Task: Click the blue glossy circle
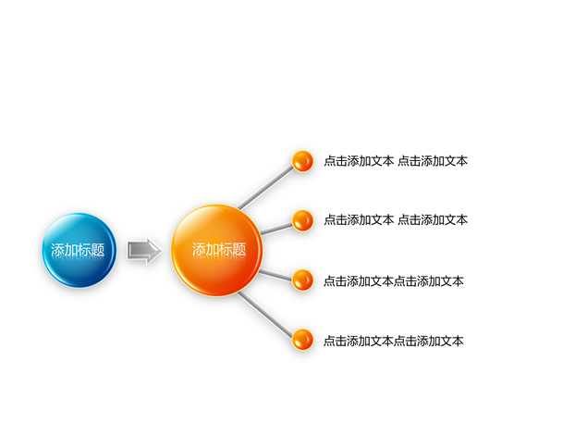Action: (79, 250)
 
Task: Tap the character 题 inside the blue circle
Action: (97, 250)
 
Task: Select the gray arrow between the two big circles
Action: (144, 251)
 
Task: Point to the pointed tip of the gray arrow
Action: (162, 251)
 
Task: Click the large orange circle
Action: (216, 250)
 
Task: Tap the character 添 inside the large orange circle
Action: (199, 250)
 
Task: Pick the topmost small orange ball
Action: (302, 161)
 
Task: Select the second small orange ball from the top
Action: (302, 220)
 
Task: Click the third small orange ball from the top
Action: (302, 280)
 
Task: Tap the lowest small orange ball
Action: (302, 340)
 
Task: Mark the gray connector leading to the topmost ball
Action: (266, 188)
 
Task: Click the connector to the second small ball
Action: (276, 229)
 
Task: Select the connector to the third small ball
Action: (275, 275)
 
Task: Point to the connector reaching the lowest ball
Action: (265, 314)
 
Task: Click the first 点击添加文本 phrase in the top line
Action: (359, 161)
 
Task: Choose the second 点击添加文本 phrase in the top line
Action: (433, 161)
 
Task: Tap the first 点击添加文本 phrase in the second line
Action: (359, 220)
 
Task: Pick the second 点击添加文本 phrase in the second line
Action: (433, 220)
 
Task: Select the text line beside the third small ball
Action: (394, 281)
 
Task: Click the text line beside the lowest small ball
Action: (394, 342)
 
